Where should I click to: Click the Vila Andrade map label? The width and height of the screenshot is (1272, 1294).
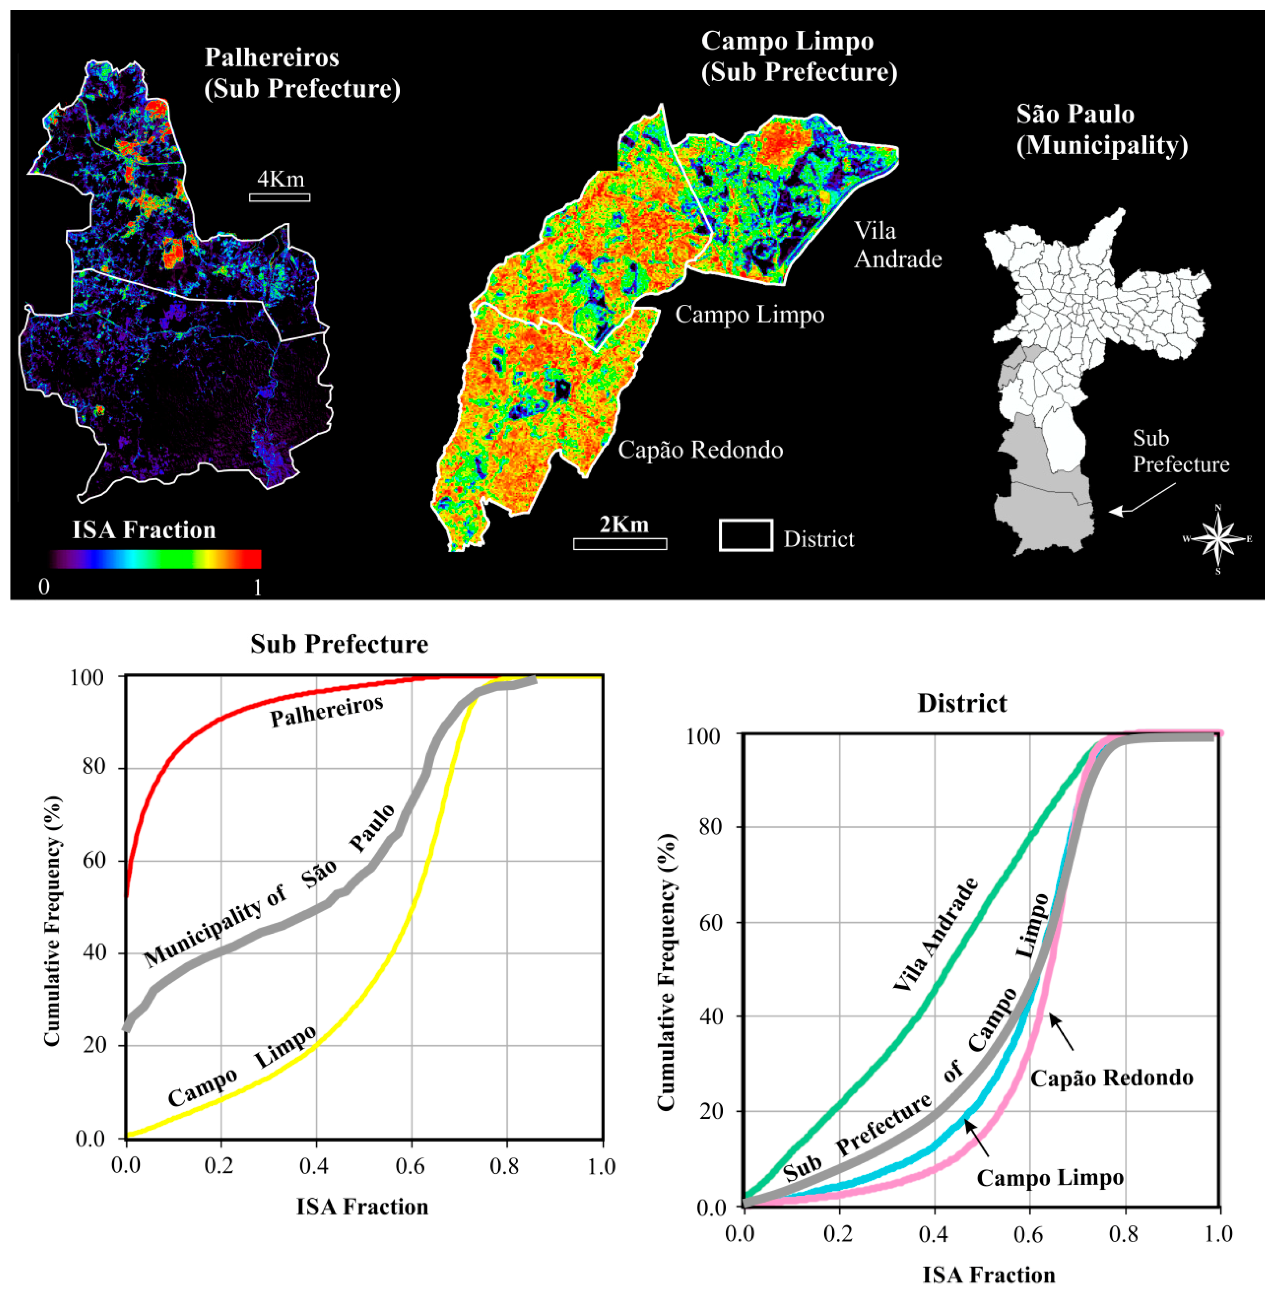point(897,245)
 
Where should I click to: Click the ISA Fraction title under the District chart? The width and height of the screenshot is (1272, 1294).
point(988,1275)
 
